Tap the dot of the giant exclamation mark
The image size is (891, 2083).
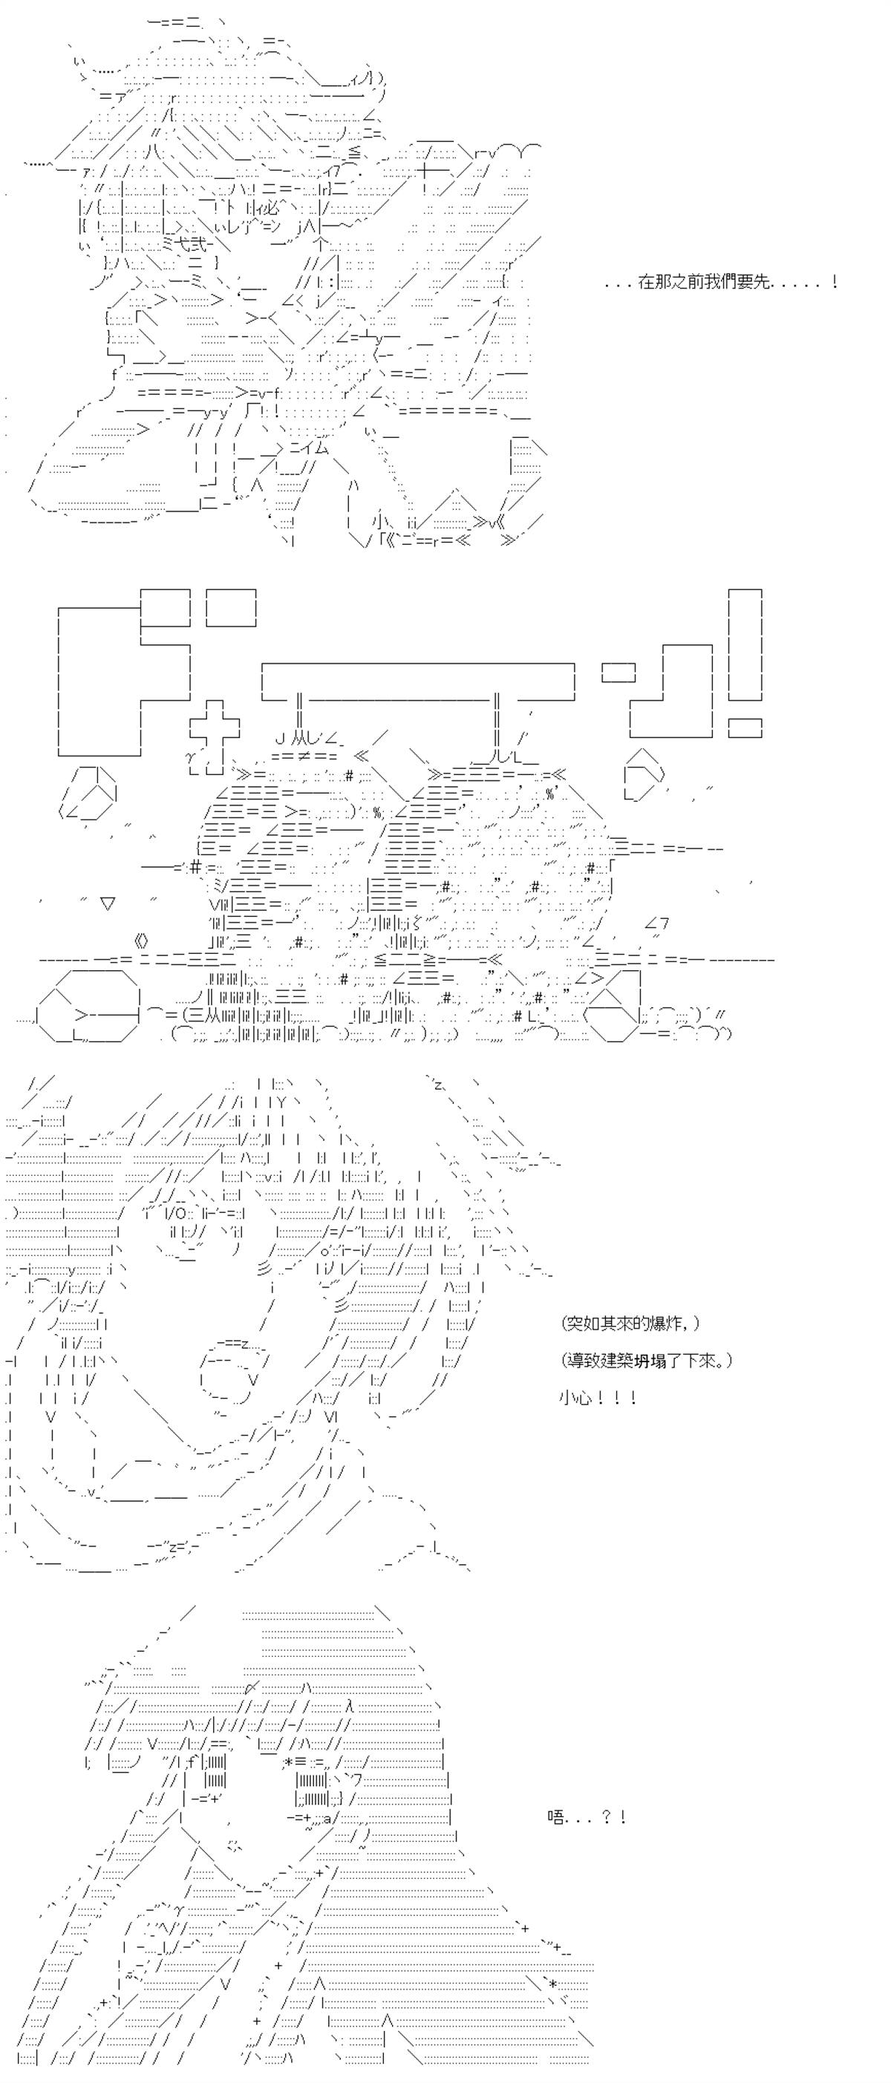click(745, 727)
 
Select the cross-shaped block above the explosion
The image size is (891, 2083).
click(215, 724)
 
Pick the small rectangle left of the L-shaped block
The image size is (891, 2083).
click(619, 671)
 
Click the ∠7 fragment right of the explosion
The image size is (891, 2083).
click(656, 923)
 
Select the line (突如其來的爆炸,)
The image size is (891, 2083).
click(630, 1323)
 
